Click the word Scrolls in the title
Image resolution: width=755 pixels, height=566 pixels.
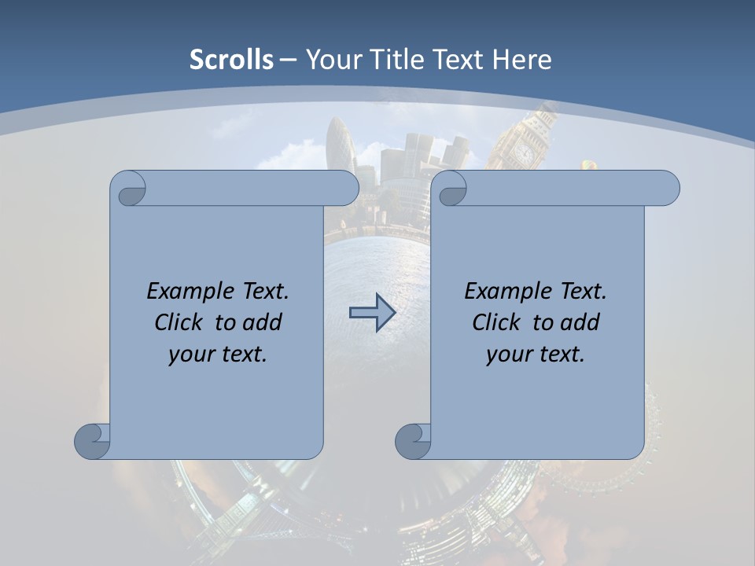(x=231, y=60)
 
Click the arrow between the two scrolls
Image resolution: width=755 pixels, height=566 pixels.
(x=372, y=312)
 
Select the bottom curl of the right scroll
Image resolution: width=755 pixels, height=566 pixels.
(x=413, y=441)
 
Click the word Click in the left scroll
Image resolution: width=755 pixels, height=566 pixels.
(x=177, y=322)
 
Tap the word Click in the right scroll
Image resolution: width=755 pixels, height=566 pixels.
(x=495, y=322)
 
